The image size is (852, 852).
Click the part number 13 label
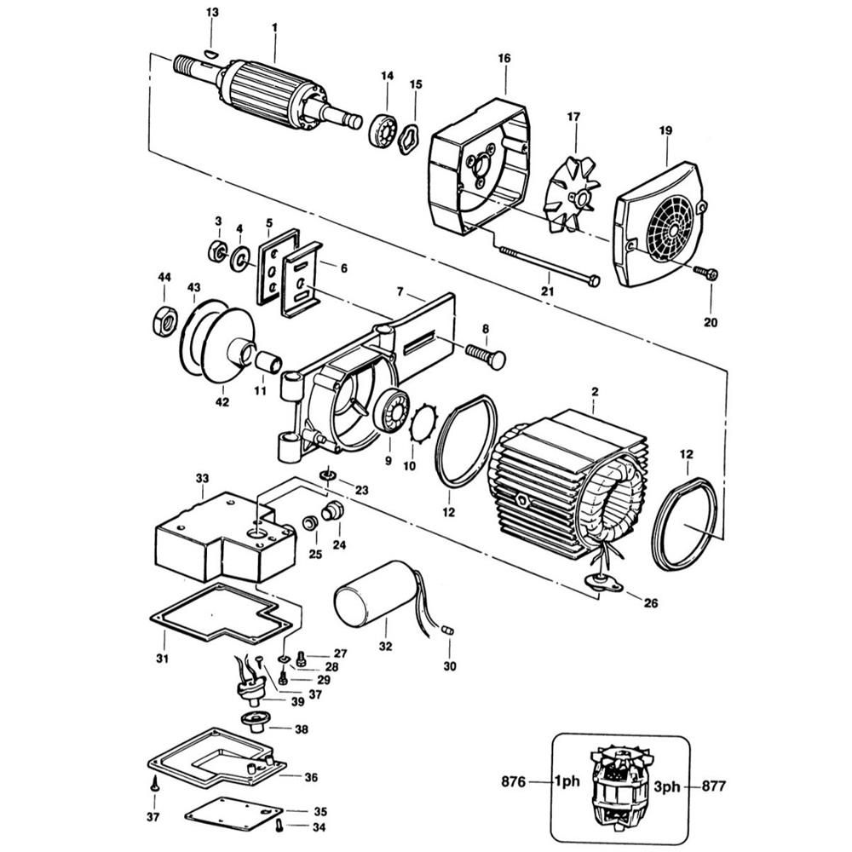(x=212, y=13)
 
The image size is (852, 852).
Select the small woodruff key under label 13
(x=211, y=53)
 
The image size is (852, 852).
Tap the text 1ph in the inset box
(x=567, y=781)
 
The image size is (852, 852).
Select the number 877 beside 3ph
(x=714, y=786)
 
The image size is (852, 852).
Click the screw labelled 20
(x=705, y=273)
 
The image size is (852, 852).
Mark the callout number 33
(x=202, y=479)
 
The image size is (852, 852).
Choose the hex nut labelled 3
(x=218, y=250)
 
